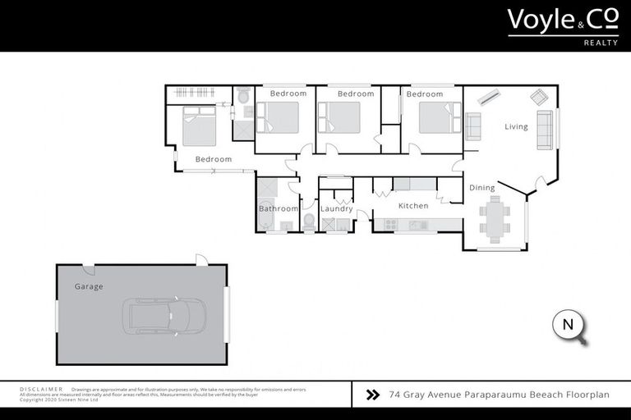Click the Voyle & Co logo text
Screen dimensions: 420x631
[562, 20]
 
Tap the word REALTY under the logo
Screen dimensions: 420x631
[601, 43]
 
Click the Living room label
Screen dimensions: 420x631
[516, 126]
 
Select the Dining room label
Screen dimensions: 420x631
[482, 188]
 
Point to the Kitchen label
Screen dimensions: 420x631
[413, 206]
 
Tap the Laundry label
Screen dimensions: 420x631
[336, 209]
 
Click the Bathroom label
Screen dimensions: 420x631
[278, 209]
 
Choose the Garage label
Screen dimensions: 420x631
[89, 287]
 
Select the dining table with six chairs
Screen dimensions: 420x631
[495, 219]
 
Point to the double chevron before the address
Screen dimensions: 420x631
[373, 395]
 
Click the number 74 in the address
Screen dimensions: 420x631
[396, 395]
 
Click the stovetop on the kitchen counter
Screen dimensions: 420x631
[417, 225]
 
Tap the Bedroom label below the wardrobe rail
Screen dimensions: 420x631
[213, 159]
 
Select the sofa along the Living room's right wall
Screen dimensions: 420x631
[545, 130]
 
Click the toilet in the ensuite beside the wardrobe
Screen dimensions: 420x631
[245, 98]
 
